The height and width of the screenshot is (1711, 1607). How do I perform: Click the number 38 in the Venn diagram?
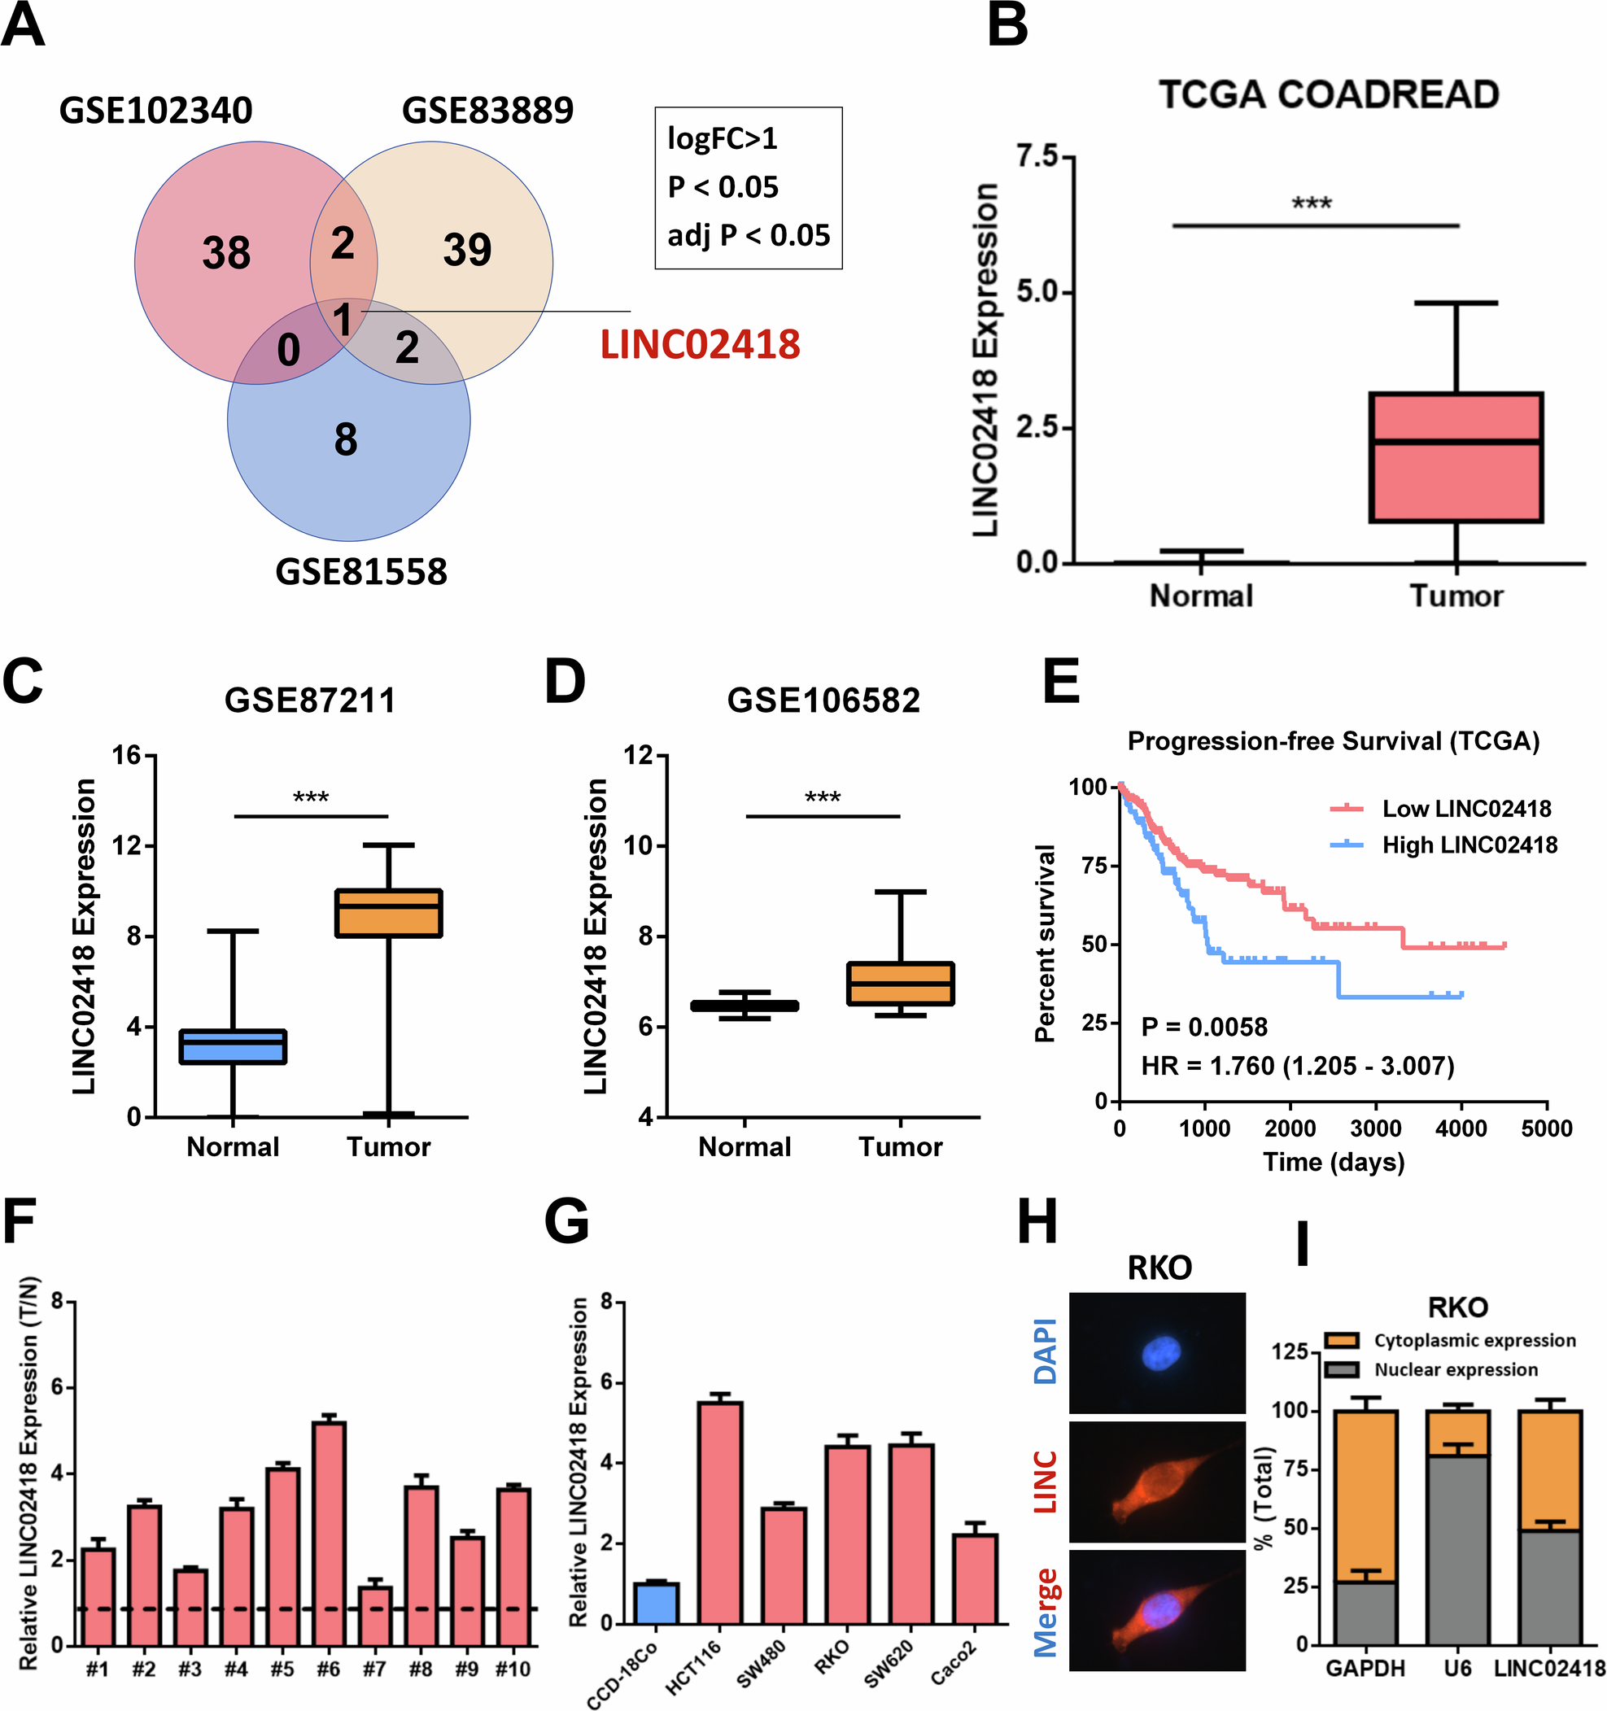point(226,253)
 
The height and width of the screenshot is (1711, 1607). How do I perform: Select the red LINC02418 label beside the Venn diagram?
point(700,345)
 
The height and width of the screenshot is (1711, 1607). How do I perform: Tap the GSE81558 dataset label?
point(360,572)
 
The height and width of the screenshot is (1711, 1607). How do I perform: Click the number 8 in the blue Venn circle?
point(346,440)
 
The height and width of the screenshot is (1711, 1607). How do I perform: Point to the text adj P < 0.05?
point(748,235)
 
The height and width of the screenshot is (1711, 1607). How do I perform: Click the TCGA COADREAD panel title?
point(1328,94)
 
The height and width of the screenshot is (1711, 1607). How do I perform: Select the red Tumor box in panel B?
point(1456,458)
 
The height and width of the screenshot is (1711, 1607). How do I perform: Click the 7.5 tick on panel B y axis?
point(1037,157)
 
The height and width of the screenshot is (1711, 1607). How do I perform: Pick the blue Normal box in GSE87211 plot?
point(233,1046)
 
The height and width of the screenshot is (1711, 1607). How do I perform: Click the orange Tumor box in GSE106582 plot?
point(901,983)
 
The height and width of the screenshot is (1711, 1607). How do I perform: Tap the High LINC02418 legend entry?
point(1469,845)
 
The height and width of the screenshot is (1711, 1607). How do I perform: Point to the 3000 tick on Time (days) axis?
point(1375,1128)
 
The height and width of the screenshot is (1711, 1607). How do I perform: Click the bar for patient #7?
point(374,1616)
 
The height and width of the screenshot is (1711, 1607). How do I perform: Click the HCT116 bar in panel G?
point(720,1512)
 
